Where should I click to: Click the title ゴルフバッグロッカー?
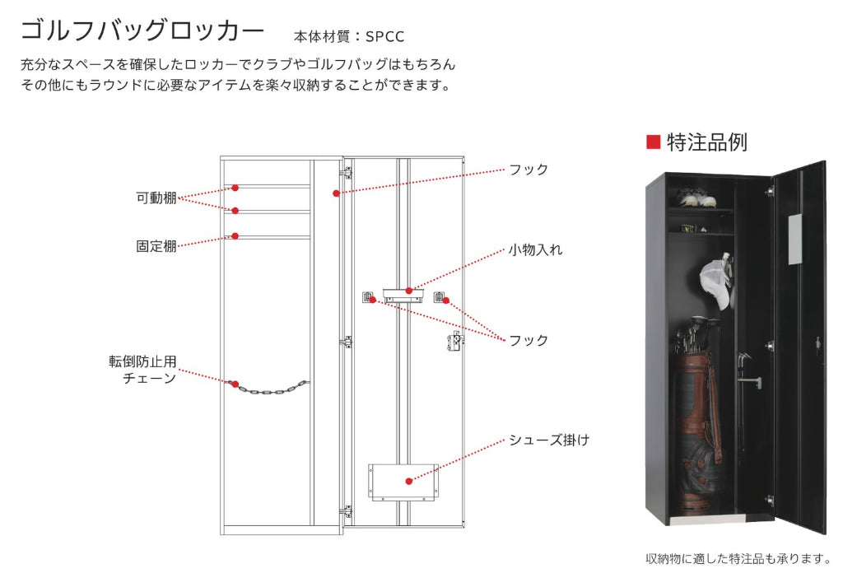coord(142,30)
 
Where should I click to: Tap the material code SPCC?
coord(384,36)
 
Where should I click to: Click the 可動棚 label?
coord(156,198)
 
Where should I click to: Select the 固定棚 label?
coord(156,246)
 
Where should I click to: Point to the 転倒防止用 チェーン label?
coord(142,370)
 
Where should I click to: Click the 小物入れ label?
coord(536,250)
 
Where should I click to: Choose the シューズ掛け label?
coord(549,440)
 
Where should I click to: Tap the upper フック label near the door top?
coord(529,170)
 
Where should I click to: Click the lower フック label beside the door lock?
coord(529,341)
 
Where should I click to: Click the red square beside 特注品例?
coord(653,142)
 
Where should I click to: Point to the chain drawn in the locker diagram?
coord(269,388)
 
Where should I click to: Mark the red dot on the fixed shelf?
coord(235,236)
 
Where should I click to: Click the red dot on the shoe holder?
coord(409,481)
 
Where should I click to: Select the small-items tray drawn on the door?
coord(403,296)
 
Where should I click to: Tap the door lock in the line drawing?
coord(455,341)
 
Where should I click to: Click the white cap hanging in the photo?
coord(716,282)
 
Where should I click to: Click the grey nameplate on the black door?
coord(795,239)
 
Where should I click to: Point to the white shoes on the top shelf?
coord(696,198)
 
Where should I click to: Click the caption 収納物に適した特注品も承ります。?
coord(738,559)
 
